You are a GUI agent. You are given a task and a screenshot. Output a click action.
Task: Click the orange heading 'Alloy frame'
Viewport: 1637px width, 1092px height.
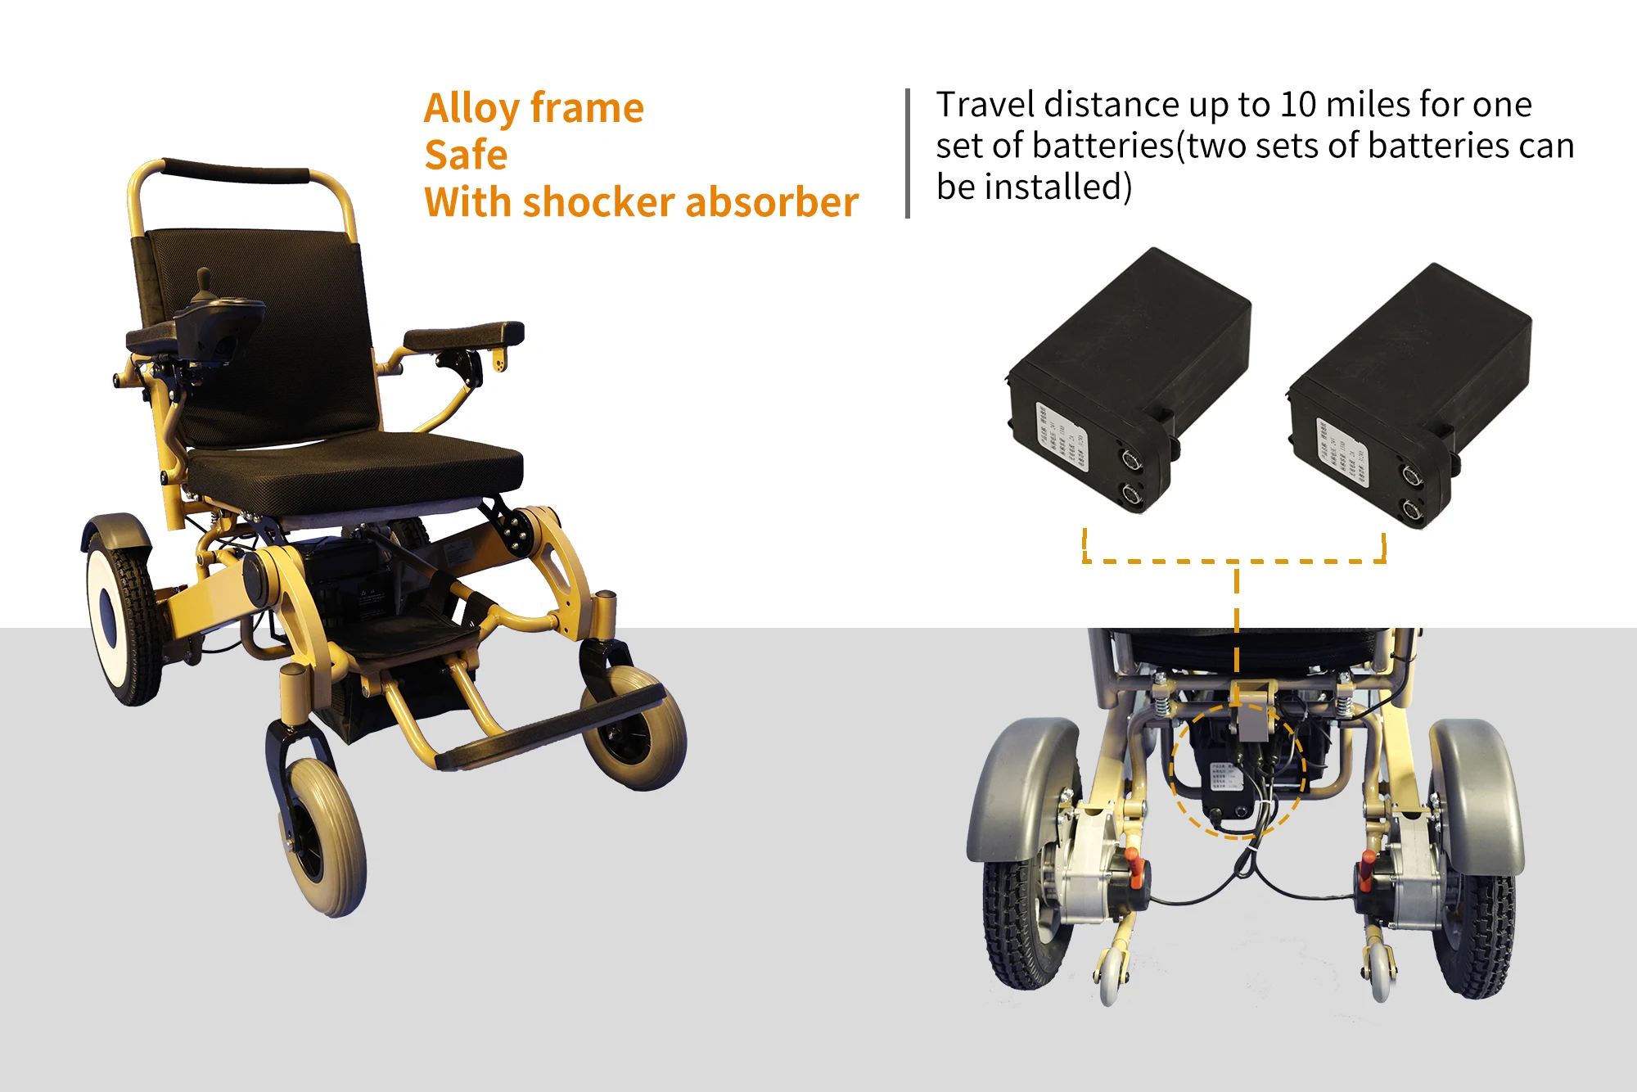tap(534, 108)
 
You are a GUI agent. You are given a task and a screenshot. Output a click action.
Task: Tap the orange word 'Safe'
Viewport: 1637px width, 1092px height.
tap(466, 155)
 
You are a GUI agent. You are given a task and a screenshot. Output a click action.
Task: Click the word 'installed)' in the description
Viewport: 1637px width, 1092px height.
tap(1058, 187)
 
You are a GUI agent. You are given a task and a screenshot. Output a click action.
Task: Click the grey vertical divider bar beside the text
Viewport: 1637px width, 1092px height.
tap(908, 153)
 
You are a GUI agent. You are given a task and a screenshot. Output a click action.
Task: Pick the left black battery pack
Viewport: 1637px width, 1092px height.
tap(1130, 377)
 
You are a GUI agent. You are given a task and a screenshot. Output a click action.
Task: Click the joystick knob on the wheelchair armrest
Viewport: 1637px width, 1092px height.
tap(203, 278)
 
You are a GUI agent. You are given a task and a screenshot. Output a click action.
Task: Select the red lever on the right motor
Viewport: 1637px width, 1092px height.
tap(1365, 869)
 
